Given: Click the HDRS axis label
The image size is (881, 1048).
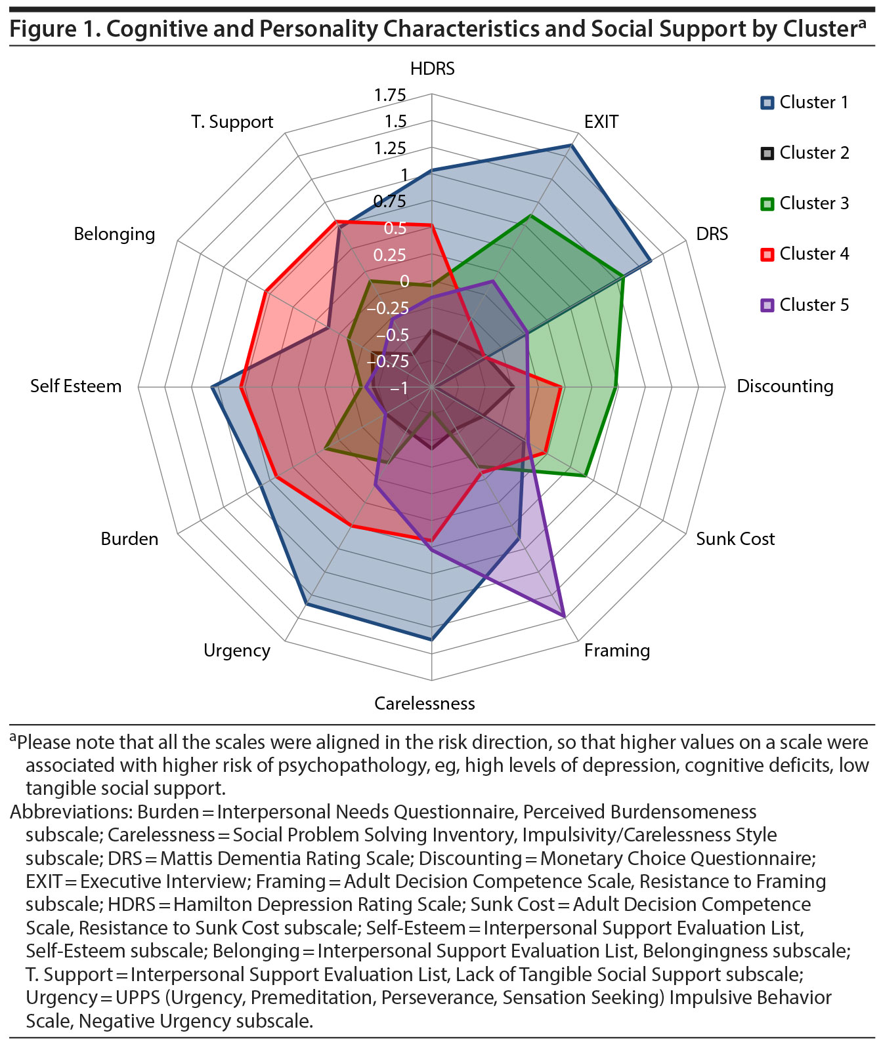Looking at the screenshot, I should click(x=432, y=69).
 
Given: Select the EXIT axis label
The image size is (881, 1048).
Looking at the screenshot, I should click(x=601, y=122).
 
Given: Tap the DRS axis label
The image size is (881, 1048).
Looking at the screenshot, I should click(x=712, y=234).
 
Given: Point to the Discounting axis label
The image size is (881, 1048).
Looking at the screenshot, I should click(x=784, y=386).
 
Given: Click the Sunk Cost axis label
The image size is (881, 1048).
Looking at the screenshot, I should click(x=735, y=539).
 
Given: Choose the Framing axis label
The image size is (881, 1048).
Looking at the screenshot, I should click(x=616, y=651).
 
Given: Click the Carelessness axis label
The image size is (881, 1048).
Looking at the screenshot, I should click(x=424, y=704).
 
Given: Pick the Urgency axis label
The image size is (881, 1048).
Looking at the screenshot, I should click(x=236, y=651).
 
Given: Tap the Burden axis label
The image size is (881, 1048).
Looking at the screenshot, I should click(x=129, y=539).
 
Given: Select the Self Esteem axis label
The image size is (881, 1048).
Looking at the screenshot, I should click(x=75, y=386).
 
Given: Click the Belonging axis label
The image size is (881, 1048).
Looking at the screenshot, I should click(x=114, y=234).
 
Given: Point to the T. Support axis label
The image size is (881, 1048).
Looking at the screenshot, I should click(x=232, y=122).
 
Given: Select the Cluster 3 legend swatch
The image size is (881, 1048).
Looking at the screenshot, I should click(x=767, y=204).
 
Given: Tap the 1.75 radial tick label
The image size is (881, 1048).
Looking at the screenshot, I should click(x=390, y=96).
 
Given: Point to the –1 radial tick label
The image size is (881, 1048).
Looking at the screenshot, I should click(x=398, y=388).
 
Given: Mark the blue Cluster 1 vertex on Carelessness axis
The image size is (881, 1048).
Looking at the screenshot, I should click(x=431, y=639).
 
